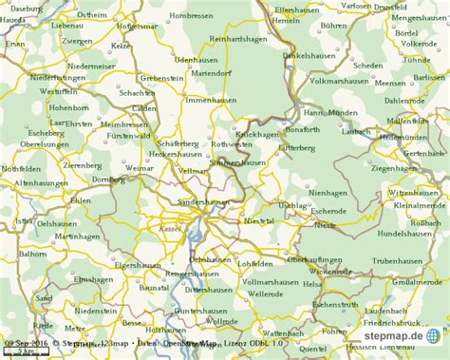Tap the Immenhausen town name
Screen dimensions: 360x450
point(211,99)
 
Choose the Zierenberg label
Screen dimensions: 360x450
point(82,164)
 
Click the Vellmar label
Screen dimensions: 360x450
point(194,170)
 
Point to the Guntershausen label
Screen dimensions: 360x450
point(200,311)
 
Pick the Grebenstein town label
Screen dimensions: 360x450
point(160,78)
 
